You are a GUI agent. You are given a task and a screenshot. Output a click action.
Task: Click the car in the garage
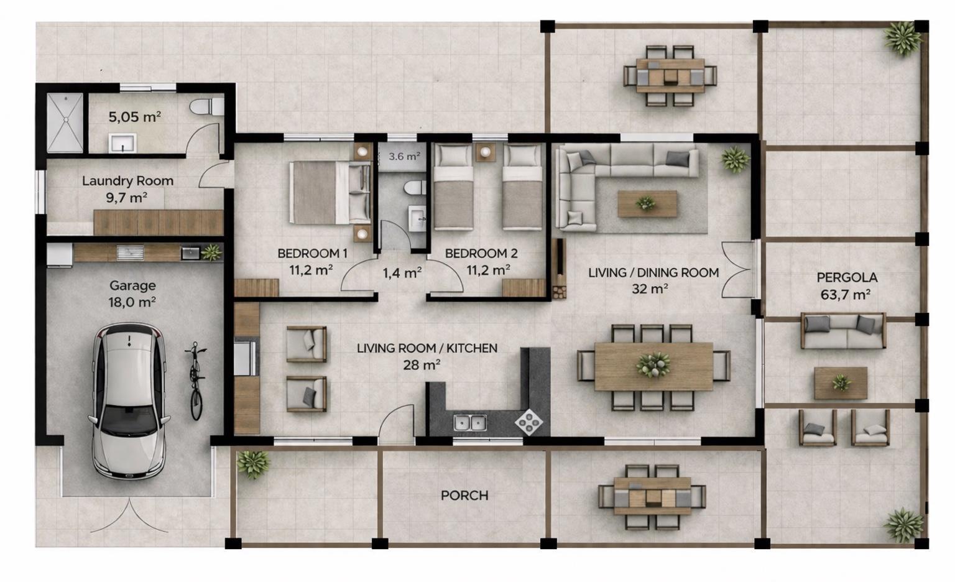coord(129,401)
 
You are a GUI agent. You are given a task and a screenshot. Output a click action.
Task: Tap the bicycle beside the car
coord(195,381)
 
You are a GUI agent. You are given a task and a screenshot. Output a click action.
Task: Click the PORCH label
coord(464,496)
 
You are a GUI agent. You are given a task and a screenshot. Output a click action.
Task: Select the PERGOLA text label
coord(847,277)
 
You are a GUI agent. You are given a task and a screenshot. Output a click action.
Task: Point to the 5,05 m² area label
coord(134,116)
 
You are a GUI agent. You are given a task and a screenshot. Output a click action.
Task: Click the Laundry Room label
coord(127,181)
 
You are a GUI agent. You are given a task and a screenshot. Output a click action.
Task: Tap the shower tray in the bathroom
coord(65,122)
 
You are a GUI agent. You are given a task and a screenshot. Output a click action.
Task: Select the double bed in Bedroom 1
coord(330,192)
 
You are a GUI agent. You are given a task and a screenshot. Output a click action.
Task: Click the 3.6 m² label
coord(404,157)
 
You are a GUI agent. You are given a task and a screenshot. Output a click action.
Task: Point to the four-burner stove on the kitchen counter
coord(528,422)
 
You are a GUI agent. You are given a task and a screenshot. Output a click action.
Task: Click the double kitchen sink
coord(470,423)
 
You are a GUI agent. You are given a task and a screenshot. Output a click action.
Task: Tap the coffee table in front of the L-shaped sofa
coord(647,204)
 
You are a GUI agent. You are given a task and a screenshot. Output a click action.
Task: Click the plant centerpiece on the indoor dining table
coord(653,366)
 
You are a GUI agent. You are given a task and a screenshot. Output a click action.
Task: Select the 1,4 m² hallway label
coord(402,272)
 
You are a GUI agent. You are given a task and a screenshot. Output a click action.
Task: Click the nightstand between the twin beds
coord(486,152)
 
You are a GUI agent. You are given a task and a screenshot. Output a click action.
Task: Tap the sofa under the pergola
coord(843,331)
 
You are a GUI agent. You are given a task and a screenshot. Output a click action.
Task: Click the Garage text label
coord(132,285)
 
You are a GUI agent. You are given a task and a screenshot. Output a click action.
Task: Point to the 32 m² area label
coord(650,289)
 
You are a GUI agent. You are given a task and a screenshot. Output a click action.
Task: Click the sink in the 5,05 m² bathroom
coord(122,143)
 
